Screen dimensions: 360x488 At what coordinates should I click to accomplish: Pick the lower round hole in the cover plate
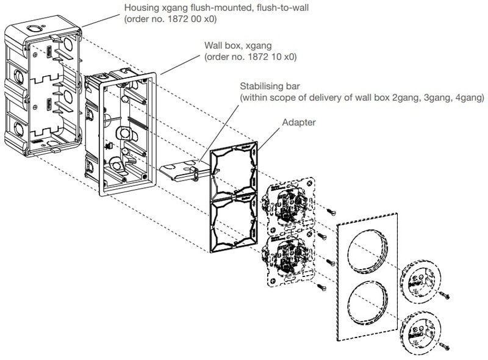[366, 305]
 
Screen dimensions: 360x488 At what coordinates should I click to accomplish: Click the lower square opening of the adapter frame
[234, 228]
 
